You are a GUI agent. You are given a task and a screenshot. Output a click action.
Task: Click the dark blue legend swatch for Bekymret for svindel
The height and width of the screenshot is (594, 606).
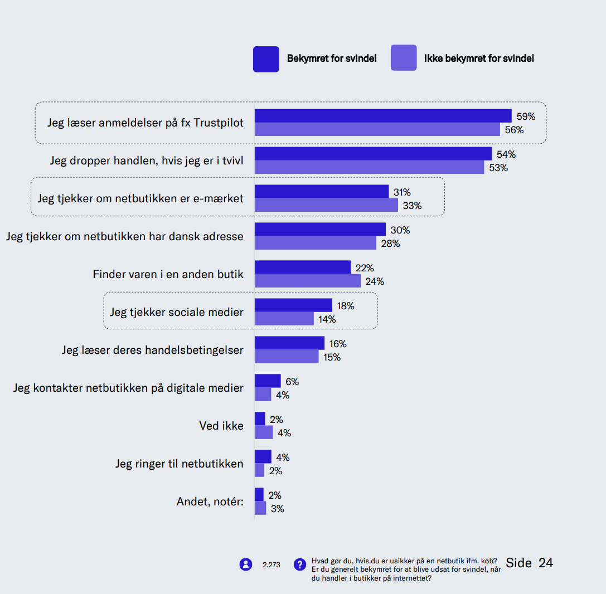click(x=266, y=59)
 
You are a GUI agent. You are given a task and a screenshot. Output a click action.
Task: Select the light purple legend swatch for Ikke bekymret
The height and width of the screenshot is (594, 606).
click(x=404, y=58)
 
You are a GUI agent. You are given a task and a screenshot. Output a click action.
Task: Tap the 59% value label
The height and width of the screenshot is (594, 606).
click(x=526, y=116)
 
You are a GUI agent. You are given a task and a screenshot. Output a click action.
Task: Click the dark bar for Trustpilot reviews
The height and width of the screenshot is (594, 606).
click(x=383, y=116)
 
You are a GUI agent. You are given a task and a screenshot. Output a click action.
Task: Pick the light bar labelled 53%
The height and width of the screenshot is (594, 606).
click(x=369, y=167)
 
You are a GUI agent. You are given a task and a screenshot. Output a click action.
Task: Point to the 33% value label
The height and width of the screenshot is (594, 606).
click(x=412, y=206)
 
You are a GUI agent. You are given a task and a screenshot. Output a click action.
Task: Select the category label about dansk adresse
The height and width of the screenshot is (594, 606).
click(x=125, y=236)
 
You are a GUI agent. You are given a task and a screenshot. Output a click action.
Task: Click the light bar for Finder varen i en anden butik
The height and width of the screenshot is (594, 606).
click(x=308, y=281)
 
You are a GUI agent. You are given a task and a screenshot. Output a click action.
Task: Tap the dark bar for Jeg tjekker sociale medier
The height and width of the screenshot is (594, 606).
click(x=293, y=305)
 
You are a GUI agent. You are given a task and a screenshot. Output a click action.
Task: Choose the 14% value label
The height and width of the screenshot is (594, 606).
click(x=327, y=319)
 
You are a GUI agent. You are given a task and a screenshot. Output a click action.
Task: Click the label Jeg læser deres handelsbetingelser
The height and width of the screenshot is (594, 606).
click(x=152, y=350)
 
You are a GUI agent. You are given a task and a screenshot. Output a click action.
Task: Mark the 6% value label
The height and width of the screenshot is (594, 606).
click(x=292, y=382)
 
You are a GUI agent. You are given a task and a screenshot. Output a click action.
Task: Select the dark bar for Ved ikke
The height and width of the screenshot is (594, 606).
click(x=260, y=419)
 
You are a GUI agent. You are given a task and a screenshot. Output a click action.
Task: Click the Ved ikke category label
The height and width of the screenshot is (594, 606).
click(x=221, y=426)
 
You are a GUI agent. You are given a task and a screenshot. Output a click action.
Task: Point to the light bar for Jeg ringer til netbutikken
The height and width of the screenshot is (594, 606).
click(x=259, y=470)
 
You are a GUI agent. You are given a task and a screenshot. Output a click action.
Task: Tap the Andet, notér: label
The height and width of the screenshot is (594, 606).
click(x=210, y=502)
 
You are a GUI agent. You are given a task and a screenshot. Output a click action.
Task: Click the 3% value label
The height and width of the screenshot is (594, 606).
click(x=278, y=509)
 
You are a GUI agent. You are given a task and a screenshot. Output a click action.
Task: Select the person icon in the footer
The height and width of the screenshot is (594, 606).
click(x=246, y=564)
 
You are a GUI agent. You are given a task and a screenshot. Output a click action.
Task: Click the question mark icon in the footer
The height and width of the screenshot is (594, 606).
click(x=300, y=564)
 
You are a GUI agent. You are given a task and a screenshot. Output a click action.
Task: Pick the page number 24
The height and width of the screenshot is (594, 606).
click(x=546, y=563)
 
